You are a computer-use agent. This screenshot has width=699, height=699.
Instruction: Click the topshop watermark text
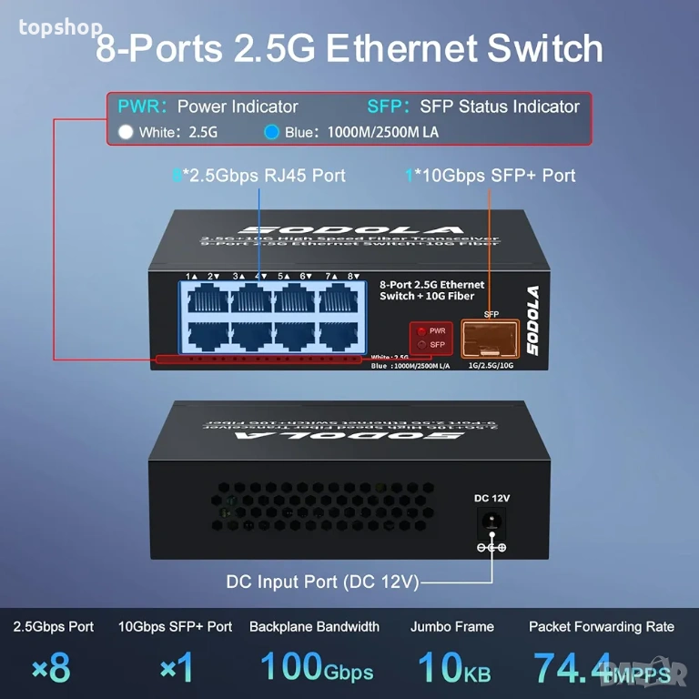tap(60, 27)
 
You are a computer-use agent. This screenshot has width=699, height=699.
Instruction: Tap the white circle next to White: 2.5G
tap(126, 132)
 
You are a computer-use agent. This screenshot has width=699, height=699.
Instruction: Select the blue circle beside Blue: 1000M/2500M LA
tap(271, 132)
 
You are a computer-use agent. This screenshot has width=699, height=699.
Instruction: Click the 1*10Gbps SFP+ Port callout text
tap(491, 175)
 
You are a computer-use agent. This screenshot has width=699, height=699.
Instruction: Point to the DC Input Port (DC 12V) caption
tap(322, 582)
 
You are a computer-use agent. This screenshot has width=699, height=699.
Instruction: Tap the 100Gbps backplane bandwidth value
tap(316, 667)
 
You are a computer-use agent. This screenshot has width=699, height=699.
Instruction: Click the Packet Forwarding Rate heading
tap(602, 626)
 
